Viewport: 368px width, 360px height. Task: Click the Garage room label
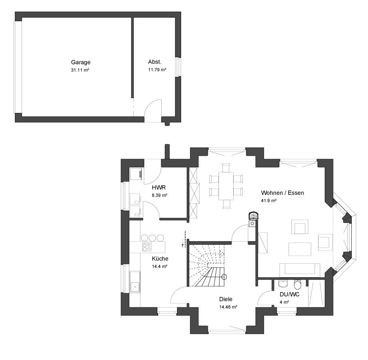(x=81, y=63)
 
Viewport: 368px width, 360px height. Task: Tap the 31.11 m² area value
(x=80, y=70)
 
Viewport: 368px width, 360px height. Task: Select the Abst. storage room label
(x=154, y=62)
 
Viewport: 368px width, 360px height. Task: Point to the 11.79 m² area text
(x=157, y=70)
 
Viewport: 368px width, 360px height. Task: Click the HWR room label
(x=159, y=187)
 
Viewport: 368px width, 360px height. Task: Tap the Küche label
(x=160, y=258)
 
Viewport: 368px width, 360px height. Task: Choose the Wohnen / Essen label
(x=282, y=193)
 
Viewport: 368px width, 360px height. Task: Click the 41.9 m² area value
(x=269, y=201)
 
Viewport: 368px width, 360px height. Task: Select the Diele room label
(x=226, y=299)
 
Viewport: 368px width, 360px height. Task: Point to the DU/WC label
(x=289, y=294)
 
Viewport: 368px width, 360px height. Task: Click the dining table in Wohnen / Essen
(x=226, y=186)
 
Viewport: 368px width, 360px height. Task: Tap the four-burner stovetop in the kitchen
(x=147, y=247)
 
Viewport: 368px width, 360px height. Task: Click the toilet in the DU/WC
(x=297, y=284)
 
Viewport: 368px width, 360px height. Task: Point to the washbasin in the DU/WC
(x=283, y=283)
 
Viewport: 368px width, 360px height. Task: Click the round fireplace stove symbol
(x=254, y=216)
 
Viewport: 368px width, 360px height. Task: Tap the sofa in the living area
(x=300, y=270)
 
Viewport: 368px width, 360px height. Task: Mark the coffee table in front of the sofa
(x=300, y=249)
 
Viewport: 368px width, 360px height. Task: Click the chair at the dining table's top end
(x=226, y=168)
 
